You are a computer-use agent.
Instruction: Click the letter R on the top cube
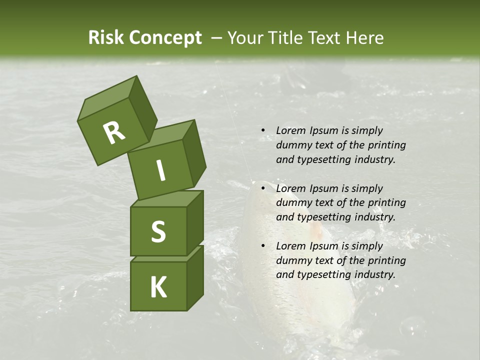tap(114, 132)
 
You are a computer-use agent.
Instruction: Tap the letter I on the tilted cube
tap(160, 170)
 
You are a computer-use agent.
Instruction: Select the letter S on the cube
tap(158, 231)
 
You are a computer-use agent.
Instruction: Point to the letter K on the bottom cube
tap(158, 287)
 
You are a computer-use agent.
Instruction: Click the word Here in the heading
tap(365, 38)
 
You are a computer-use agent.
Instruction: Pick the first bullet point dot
tap(263, 131)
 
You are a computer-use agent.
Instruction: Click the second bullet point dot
tap(263, 188)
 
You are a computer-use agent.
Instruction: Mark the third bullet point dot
tap(263, 246)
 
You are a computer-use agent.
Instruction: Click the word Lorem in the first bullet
tap(290, 131)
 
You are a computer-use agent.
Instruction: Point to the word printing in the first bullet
tap(387, 145)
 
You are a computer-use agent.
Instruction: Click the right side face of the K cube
tap(195, 277)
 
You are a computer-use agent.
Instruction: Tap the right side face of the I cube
tap(194, 152)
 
